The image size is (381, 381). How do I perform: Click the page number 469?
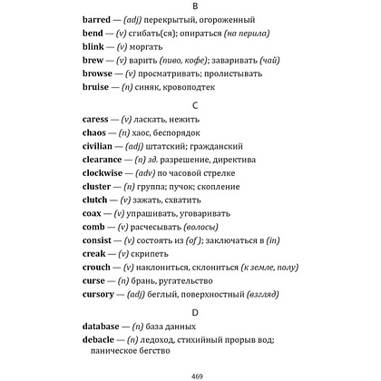coord(190,374)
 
